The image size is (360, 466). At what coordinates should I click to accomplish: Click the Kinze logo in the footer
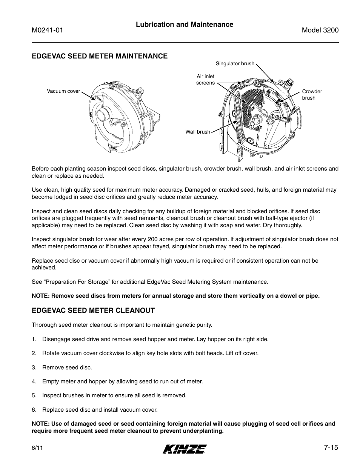(x=185, y=448)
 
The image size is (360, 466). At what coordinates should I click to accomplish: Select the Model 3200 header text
(x=320, y=31)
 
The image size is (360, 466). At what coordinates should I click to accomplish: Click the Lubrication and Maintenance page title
(x=185, y=25)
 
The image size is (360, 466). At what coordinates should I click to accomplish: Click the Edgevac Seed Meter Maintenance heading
(x=99, y=56)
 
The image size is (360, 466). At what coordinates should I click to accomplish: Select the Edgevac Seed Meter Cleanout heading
(x=93, y=311)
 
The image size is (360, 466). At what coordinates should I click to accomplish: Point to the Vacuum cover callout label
(x=63, y=91)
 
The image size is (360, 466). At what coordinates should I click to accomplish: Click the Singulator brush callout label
(x=235, y=63)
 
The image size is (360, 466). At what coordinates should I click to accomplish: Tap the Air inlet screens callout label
(x=205, y=80)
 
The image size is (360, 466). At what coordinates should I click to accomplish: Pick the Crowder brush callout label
(x=312, y=95)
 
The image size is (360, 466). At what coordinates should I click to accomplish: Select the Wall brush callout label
(x=197, y=132)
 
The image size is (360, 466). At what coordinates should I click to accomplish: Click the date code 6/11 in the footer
(x=36, y=448)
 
